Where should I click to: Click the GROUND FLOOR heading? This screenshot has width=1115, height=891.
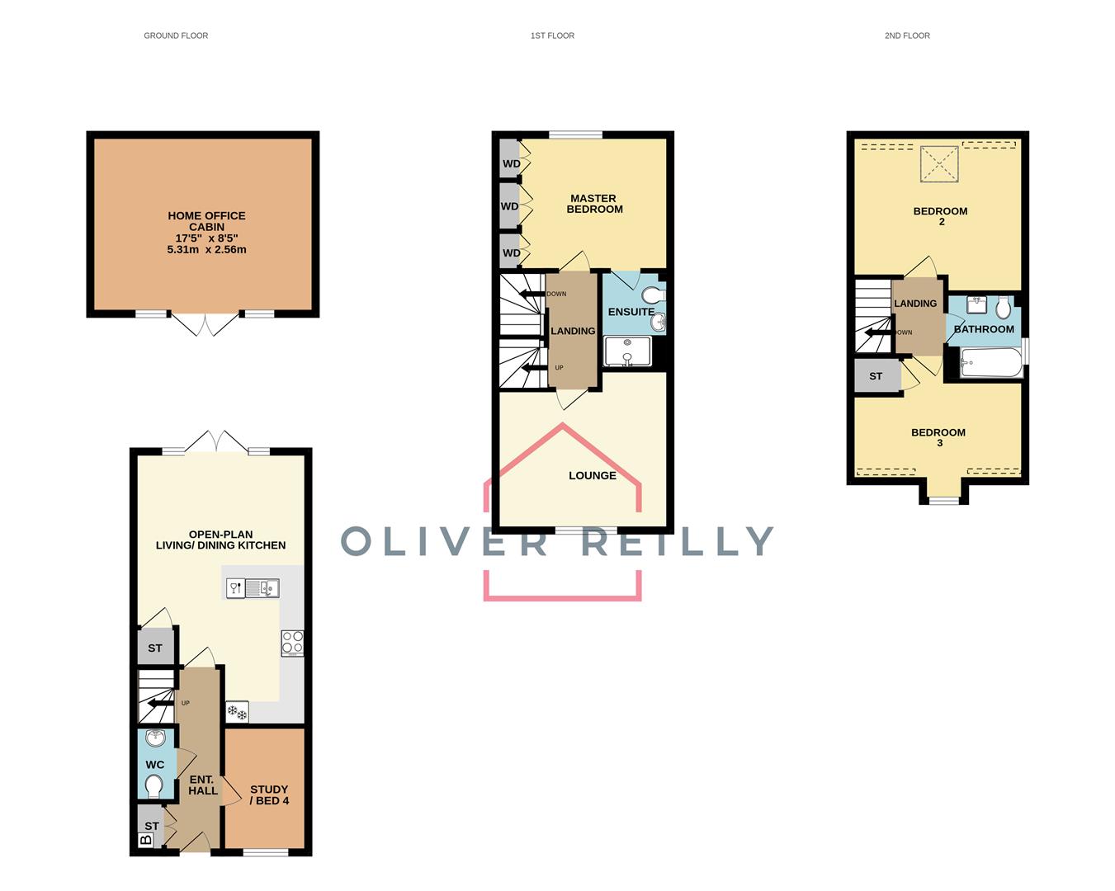tap(176, 35)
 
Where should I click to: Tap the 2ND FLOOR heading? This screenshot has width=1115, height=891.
tap(907, 35)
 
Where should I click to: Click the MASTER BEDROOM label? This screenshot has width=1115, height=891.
tap(594, 204)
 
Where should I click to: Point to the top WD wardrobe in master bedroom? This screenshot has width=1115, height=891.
tap(511, 163)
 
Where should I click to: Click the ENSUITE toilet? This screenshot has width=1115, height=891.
tap(654, 295)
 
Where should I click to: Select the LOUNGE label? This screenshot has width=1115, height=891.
tap(592, 476)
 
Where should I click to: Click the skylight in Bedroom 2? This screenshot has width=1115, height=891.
tap(939, 163)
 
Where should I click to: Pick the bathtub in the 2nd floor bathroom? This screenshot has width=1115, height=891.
tap(990, 363)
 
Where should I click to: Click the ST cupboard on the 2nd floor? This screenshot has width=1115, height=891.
tap(876, 376)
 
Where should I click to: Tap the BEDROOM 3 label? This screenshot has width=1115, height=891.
tap(938, 437)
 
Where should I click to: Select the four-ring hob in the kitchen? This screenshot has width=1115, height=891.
tap(292, 643)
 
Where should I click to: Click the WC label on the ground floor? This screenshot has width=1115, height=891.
tap(155, 765)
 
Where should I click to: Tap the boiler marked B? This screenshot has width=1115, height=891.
tap(146, 841)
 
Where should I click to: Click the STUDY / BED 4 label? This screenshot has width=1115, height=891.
tap(269, 794)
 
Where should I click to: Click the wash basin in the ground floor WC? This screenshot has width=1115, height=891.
tap(155, 738)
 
